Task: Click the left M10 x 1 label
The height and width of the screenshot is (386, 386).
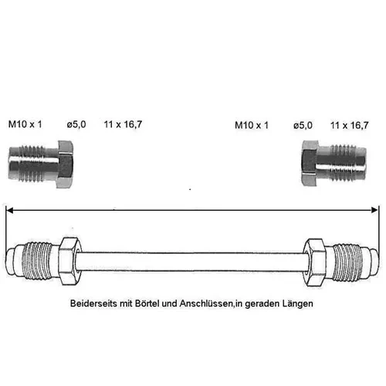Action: click(25, 124)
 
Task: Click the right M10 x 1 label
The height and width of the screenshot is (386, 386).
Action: click(252, 125)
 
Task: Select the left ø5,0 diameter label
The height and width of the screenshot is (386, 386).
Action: click(76, 125)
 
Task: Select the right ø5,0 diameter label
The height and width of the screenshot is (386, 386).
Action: click(303, 126)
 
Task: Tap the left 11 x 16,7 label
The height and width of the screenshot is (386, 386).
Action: click(123, 124)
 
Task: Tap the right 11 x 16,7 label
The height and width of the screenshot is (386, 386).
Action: click(350, 126)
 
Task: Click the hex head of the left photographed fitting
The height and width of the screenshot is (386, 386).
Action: click(65, 164)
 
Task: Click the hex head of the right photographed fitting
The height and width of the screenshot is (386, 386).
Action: click(310, 163)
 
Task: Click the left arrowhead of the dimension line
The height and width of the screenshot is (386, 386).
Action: click(9, 211)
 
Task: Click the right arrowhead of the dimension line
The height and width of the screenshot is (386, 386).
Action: click(374, 210)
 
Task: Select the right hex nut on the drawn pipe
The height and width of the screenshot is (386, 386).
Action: click(314, 262)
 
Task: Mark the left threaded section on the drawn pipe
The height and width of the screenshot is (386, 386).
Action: click(36, 260)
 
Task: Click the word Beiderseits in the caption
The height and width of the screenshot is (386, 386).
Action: click(93, 303)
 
